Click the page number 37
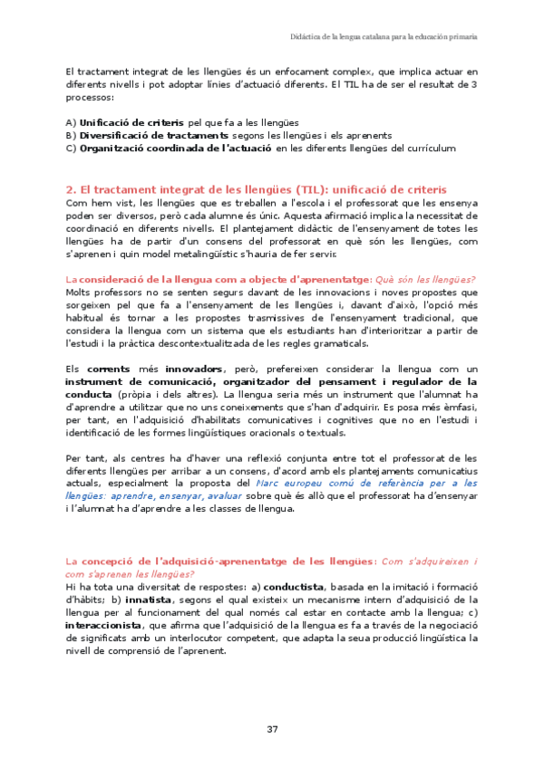(x=272, y=729)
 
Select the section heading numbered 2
(x=257, y=189)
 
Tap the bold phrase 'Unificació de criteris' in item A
(x=131, y=121)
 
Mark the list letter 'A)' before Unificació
(x=72, y=121)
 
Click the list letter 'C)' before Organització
(x=72, y=149)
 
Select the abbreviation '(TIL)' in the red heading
(x=311, y=189)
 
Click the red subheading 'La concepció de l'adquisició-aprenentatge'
(x=218, y=562)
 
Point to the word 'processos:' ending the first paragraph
(x=90, y=96)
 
